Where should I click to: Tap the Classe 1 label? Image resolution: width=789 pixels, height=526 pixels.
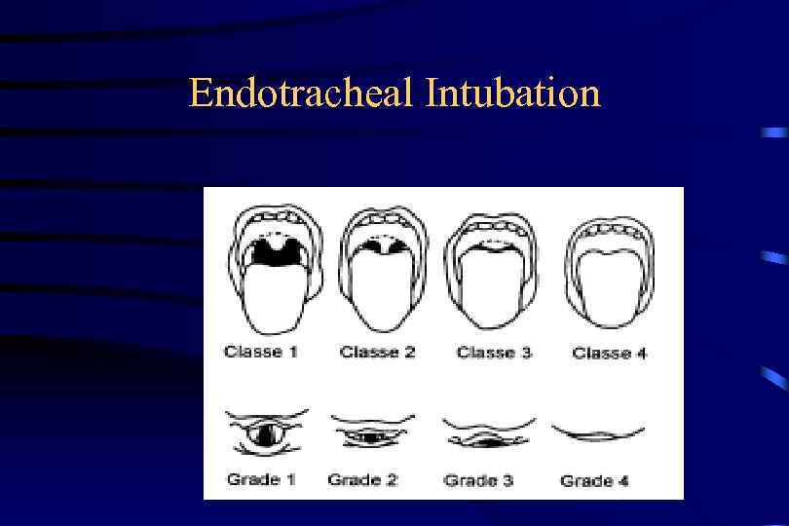tap(260, 352)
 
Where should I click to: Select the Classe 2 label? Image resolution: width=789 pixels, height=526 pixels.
tap(377, 352)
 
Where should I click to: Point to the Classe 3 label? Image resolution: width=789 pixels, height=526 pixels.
tap(494, 352)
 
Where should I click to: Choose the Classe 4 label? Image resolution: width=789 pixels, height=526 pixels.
tap(610, 353)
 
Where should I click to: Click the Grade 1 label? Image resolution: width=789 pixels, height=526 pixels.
tap(260, 479)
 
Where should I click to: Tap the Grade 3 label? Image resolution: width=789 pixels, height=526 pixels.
tap(477, 480)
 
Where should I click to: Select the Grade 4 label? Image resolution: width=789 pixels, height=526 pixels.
tap(594, 480)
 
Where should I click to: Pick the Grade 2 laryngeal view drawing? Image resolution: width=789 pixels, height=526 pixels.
tap(371, 433)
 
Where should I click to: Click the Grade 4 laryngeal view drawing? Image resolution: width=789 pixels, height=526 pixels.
tap(598, 432)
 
